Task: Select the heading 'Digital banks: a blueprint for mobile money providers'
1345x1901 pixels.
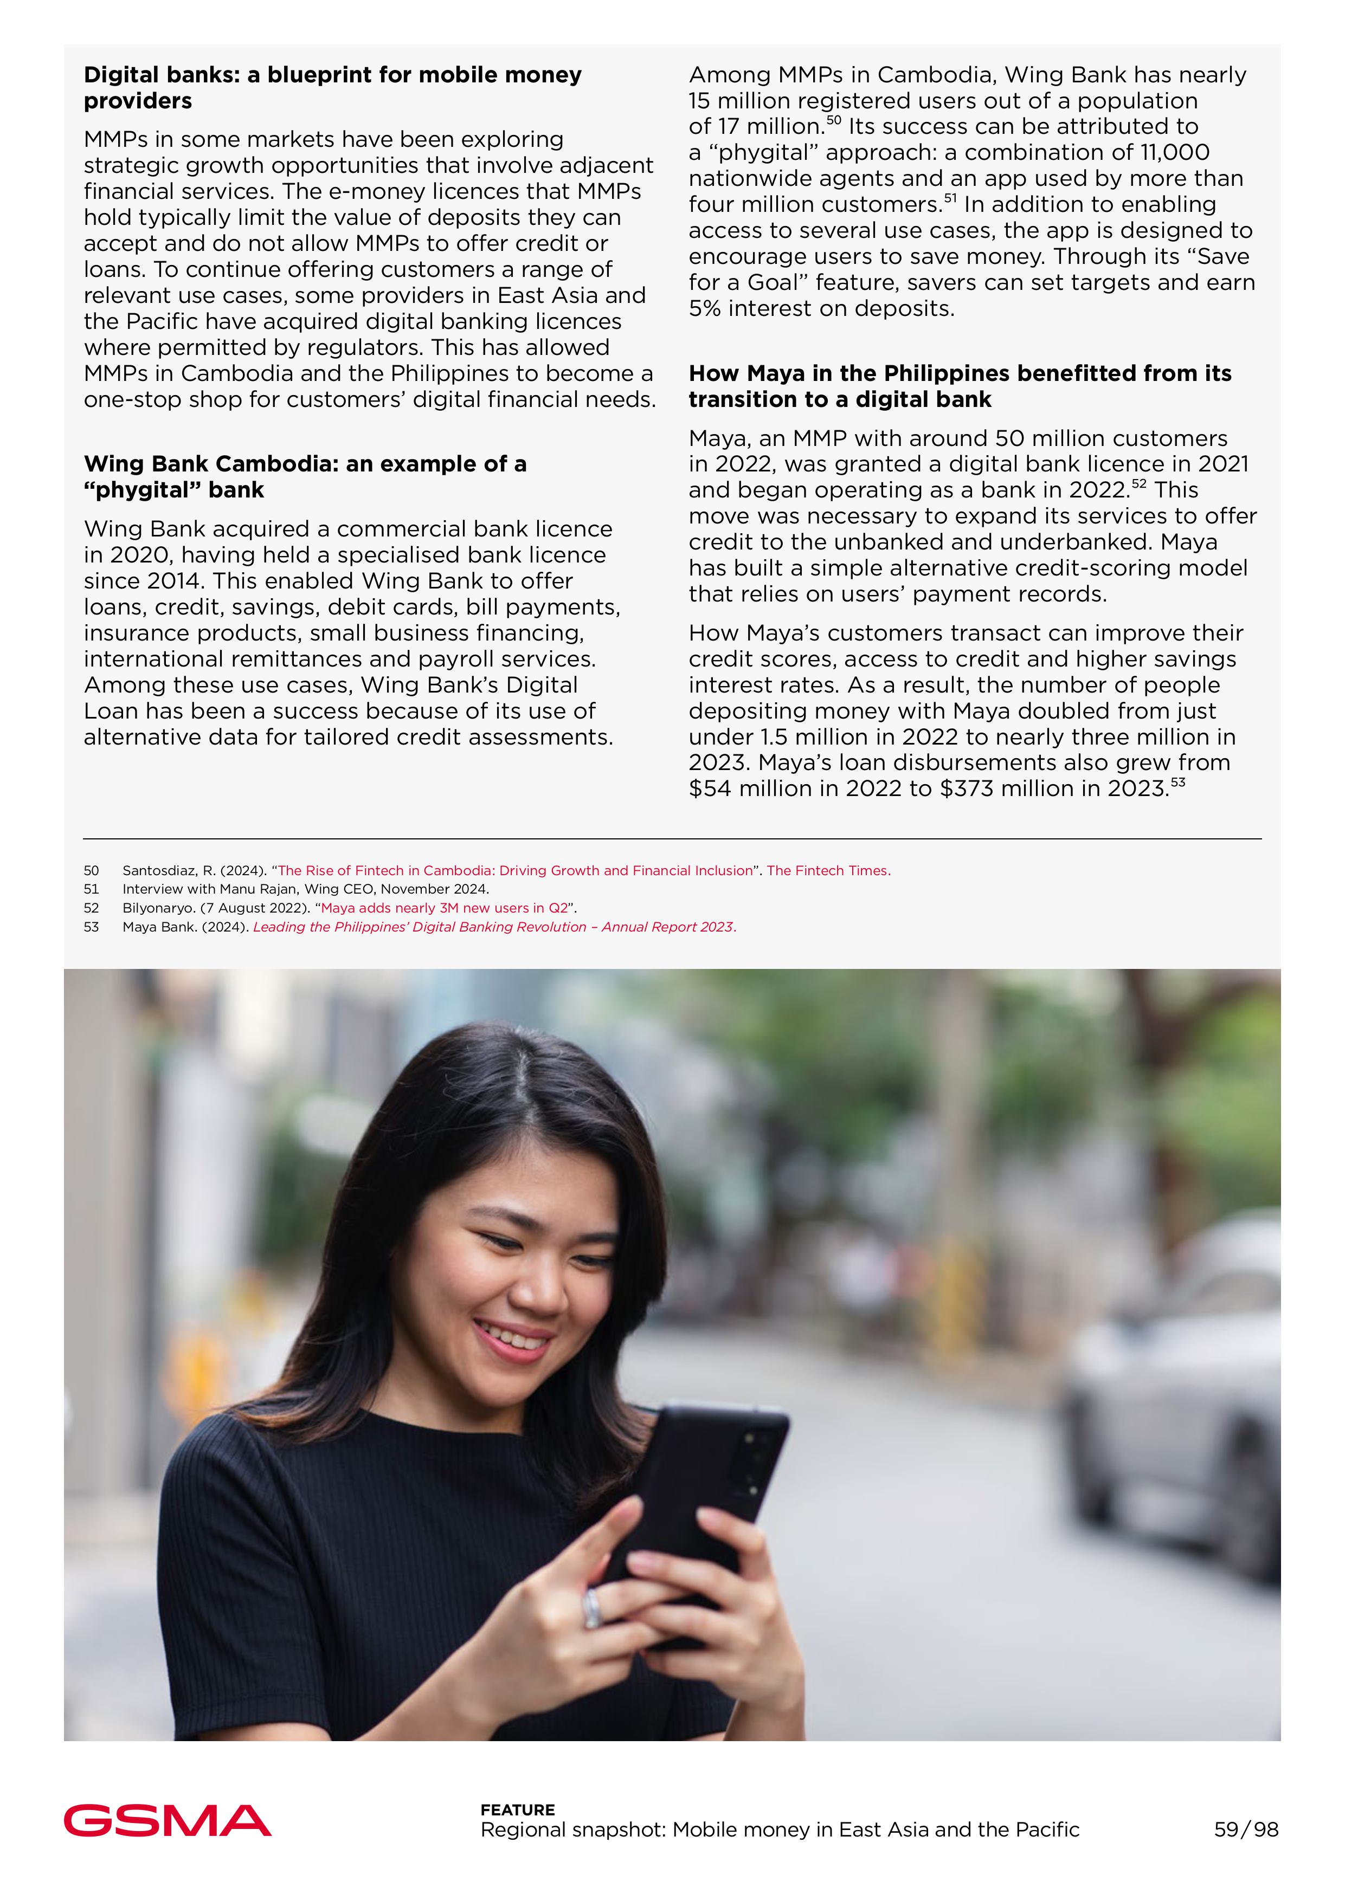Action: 332,88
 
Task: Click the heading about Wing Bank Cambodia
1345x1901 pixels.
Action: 305,476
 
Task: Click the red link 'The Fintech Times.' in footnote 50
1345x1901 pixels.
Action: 828,870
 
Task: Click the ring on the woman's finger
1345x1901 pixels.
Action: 593,1607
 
